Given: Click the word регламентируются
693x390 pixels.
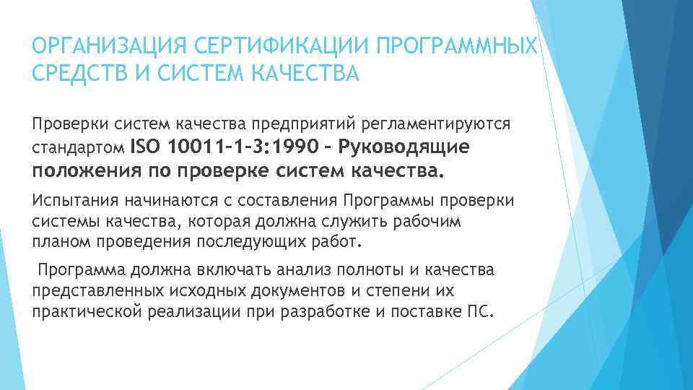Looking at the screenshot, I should click(x=440, y=123).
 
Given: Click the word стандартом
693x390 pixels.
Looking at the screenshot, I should click(x=78, y=149).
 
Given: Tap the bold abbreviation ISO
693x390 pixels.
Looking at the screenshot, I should click(x=145, y=147).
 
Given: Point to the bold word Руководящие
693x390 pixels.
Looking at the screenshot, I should click(x=409, y=147).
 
